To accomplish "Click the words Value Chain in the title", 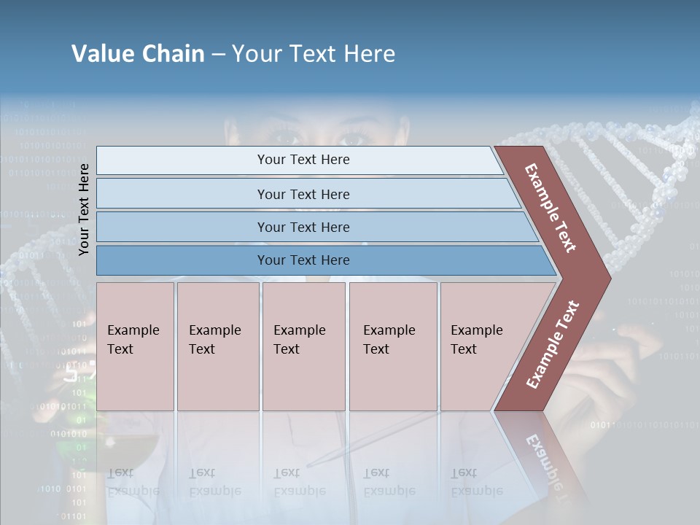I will click(138, 54).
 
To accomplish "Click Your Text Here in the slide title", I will click(314, 54).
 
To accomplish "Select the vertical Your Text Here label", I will click(84, 210).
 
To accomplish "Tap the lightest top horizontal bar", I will click(303, 160).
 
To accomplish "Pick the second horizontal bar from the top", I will click(303, 194).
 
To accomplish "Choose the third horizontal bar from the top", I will click(303, 227).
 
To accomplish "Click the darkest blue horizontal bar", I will click(303, 260).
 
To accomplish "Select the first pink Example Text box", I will click(135, 346).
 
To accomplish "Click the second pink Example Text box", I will click(217, 346).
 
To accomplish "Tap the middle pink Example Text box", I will click(303, 346).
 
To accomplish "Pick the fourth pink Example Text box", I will click(392, 346).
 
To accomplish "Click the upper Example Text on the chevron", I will click(551, 207).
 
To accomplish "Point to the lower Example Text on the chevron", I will click(553, 344).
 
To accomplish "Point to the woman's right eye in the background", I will click(355, 137).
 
